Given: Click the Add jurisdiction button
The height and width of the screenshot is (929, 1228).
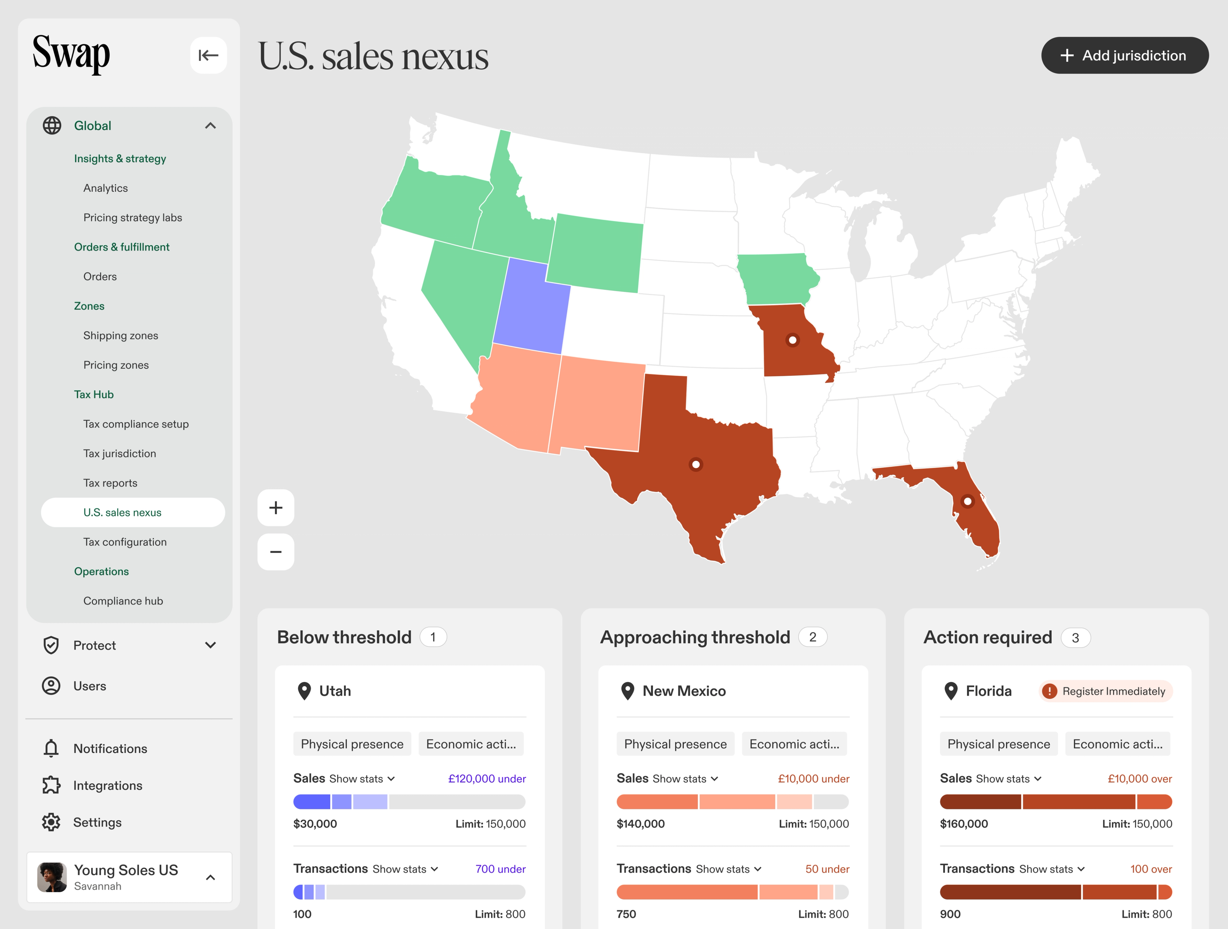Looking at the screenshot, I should (x=1124, y=56).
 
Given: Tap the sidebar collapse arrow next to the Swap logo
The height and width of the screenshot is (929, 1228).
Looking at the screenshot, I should (x=208, y=56).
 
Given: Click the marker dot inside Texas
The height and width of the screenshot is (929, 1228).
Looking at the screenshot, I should (x=696, y=464).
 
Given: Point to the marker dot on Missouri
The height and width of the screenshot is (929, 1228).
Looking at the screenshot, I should (x=792, y=340).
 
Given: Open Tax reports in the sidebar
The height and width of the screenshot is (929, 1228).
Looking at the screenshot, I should (x=110, y=483).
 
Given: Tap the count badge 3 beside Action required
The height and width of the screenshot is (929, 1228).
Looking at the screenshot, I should (x=1075, y=638).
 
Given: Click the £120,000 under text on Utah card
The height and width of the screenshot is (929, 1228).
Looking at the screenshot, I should (x=486, y=779).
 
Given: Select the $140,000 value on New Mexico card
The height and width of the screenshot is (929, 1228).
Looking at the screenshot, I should (x=640, y=824).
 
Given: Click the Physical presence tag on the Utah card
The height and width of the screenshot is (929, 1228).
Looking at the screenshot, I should (x=352, y=744).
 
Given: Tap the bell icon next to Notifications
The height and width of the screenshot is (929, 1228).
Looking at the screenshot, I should (x=51, y=749).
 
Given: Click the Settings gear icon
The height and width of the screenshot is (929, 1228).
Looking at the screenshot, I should (x=51, y=822).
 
